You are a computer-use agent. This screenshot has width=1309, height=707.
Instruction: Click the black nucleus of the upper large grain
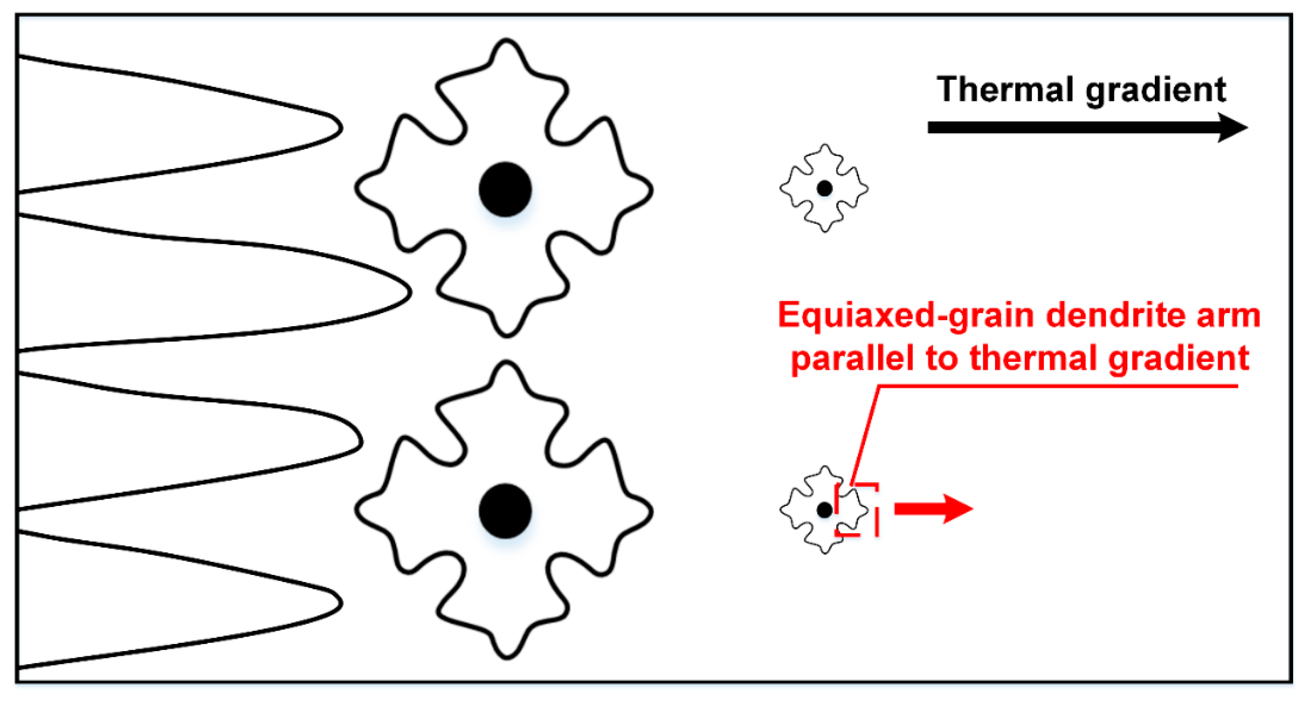click(x=505, y=189)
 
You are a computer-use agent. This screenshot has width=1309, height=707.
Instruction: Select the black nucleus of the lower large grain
click(x=505, y=511)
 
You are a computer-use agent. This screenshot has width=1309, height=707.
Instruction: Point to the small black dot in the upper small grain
click(x=824, y=188)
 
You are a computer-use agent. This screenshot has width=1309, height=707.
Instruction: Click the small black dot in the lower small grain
click(x=824, y=509)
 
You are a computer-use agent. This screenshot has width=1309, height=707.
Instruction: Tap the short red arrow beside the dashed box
click(x=933, y=508)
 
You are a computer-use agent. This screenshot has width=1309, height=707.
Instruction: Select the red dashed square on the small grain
click(x=857, y=509)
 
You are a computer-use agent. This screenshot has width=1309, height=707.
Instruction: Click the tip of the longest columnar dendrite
click(x=409, y=292)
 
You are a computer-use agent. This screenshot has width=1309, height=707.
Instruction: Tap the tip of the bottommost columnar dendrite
click(x=340, y=603)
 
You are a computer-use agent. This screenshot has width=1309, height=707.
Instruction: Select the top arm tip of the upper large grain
click(x=506, y=42)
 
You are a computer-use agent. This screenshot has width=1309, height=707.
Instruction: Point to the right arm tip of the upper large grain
click(x=650, y=189)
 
